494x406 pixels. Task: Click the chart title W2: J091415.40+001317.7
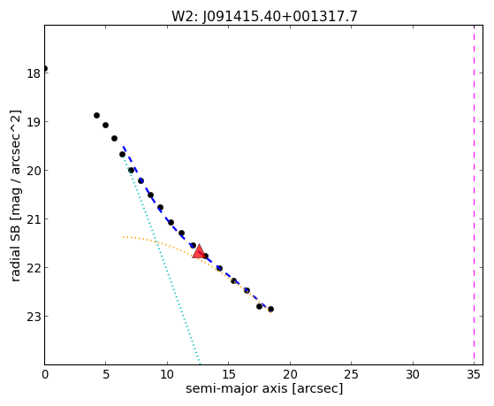264,17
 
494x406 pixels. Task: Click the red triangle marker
199,251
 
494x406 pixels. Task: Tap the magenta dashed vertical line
474,195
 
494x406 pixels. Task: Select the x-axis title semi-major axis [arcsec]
264,388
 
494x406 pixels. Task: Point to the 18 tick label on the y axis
34,73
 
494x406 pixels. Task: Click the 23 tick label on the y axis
34,317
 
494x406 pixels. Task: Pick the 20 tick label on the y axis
34,171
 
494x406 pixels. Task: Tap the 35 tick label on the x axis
474,374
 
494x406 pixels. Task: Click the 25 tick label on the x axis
352,374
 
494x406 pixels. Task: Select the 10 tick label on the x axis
167,374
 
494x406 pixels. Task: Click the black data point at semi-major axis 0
45,68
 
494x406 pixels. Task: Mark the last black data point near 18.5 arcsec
270,310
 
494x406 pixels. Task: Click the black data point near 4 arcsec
96,116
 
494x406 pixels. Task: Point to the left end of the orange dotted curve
124,236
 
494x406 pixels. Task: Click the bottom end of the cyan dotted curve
199,363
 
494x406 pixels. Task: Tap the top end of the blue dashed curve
124,147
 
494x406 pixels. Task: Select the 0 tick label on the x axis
45,374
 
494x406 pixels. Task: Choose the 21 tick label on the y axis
34,219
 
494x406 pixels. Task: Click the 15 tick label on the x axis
229,374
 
